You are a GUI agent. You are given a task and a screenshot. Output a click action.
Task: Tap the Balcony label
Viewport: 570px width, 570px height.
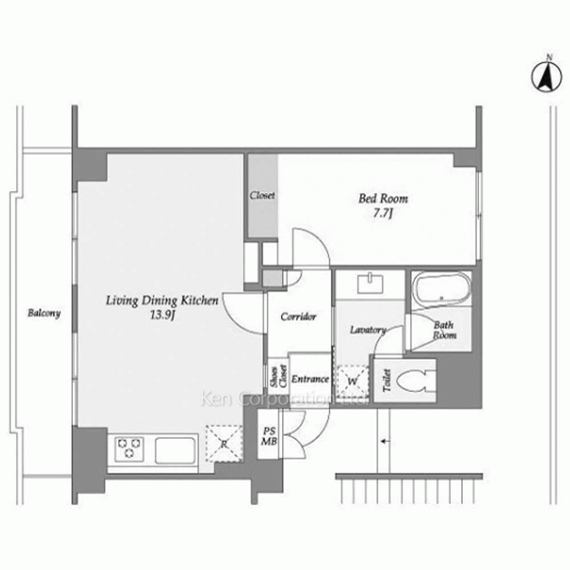pyautogui.click(x=44, y=313)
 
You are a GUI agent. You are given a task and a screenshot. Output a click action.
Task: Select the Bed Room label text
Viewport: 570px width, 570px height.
pyautogui.click(x=383, y=198)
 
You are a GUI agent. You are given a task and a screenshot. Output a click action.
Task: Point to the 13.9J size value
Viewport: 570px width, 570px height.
pyautogui.click(x=162, y=315)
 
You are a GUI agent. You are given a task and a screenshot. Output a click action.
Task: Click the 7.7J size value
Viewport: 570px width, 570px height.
pyautogui.click(x=383, y=213)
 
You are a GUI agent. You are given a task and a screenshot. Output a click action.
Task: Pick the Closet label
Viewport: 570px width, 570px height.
pyautogui.click(x=262, y=195)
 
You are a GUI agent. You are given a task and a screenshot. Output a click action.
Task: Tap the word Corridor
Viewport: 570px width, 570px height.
pyautogui.click(x=299, y=316)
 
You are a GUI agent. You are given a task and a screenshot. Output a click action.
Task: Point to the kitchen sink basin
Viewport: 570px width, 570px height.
pyautogui.click(x=175, y=450)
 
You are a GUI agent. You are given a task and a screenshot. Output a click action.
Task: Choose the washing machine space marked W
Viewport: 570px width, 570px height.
pyautogui.click(x=352, y=381)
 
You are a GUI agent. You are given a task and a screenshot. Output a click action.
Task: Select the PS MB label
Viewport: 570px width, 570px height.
pyautogui.click(x=270, y=436)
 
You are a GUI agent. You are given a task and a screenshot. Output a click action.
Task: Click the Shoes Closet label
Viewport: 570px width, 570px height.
pyautogui.click(x=279, y=376)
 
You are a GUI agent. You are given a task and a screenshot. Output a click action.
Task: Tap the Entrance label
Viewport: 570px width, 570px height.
pyautogui.click(x=310, y=379)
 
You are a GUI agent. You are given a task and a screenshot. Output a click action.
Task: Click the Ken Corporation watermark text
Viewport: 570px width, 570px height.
pyautogui.click(x=286, y=399)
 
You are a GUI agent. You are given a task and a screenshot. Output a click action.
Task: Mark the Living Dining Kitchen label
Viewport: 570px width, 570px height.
pyautogui.click(x=162, y=300)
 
